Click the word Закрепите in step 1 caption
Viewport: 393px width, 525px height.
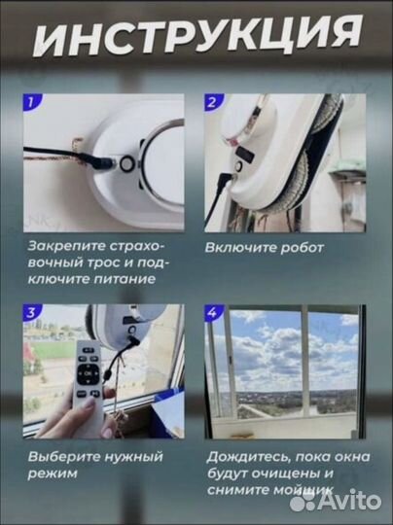pyautogui.click(x=64, y=247)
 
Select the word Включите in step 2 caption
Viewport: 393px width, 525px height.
pyautogui.click(x=237, y=247)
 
